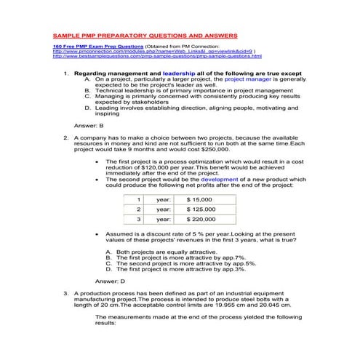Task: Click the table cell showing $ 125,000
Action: pos(201,208)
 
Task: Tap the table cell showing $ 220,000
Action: pos(201,218)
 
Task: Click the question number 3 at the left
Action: pos(66,291)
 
